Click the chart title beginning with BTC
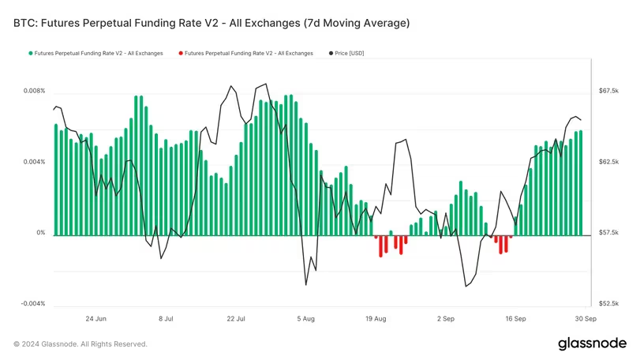coord(211,24)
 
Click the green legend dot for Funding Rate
coord(31,53)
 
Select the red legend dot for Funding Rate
coord(181,53)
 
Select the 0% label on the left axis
coord(41,234)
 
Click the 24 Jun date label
coord(95,319)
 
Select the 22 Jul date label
coord(236,319)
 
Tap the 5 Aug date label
coord(306,319)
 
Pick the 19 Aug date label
coord(376,319)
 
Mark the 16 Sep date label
coord(515,319)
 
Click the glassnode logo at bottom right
coord(591,343)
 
